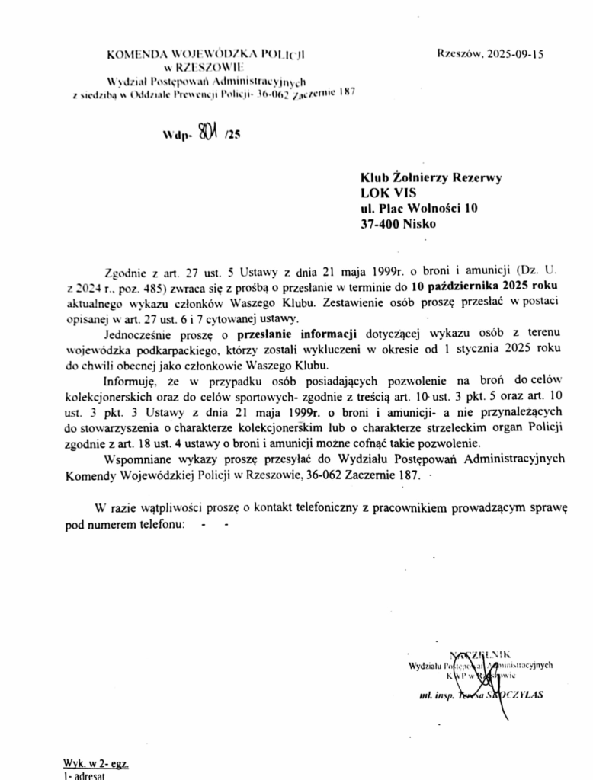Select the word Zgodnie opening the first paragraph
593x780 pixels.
[123, 271]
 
